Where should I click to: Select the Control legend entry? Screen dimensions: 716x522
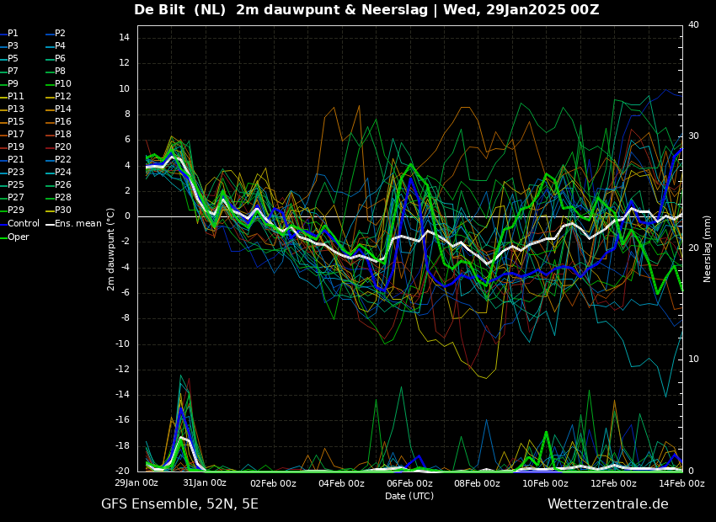point(19,224)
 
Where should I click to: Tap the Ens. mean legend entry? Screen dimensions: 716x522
point(74,224)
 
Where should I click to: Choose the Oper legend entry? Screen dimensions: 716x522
point(14,237)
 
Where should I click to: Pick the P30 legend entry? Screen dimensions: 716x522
point(59,210)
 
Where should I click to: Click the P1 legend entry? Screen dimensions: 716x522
point(9,34)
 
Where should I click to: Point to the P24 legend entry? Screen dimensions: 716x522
point(59,172)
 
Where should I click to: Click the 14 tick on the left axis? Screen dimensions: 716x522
point(124,38)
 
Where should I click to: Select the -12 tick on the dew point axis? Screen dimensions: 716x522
point(123,369)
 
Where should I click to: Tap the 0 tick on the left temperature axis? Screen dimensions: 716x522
point(127,216)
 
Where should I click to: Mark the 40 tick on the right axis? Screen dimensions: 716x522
point(693,24)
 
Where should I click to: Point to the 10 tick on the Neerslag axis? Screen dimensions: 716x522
point(693,360)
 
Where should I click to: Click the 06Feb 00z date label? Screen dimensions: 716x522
point(409,483)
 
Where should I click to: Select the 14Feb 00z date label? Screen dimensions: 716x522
point(681,483)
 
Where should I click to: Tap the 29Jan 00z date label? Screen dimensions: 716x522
point(136,483)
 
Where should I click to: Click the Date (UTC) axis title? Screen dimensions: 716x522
point(409,496)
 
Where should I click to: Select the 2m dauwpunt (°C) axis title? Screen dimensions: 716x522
point(111,249)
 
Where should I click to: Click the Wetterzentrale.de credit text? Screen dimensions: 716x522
point(608,504)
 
